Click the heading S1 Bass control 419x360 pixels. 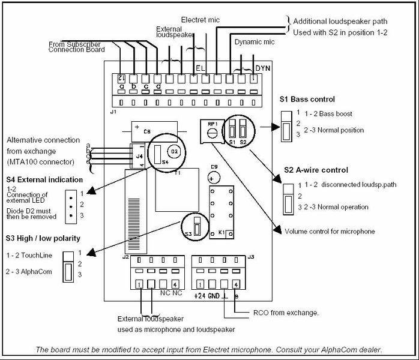307,99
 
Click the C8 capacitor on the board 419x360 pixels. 146,130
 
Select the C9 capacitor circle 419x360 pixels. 212,178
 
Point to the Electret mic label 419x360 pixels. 200,20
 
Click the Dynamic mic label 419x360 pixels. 254,43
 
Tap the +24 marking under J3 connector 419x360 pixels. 200,296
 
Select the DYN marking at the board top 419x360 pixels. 262,68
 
